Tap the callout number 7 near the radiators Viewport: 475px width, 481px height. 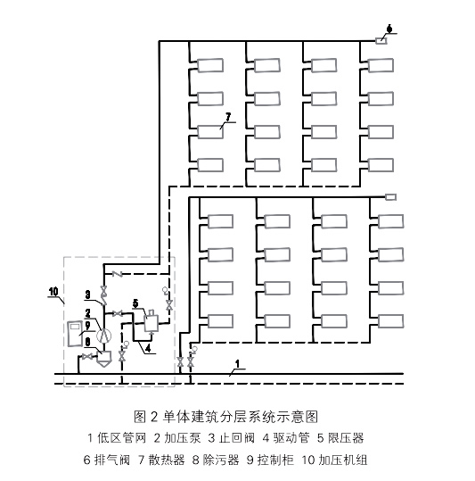[x=229, y=116]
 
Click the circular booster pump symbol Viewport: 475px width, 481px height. [x=103, y=336]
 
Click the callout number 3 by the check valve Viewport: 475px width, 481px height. [x=88, y=294]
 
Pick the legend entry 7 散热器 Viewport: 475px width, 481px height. [x=161, y=460]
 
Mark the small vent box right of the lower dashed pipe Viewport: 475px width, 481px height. [x=389, y=197]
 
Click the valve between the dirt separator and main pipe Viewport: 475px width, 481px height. [x=87, y=358]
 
